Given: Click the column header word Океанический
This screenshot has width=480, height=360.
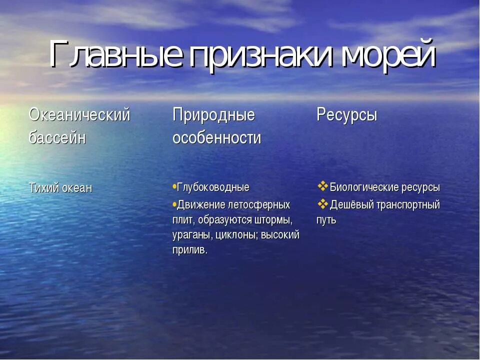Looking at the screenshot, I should tap(79, 115).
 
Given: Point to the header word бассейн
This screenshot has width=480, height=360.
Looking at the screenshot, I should tap(57, 137).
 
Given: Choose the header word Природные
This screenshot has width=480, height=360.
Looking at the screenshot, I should tap(213, 115).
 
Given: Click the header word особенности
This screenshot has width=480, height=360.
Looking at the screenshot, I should tap(216, 137).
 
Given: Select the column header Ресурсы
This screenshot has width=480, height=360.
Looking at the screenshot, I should tap(346, 115).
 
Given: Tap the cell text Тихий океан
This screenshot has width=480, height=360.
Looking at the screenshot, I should tap(60, 188).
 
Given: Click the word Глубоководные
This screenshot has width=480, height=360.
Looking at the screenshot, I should tap(213, 187).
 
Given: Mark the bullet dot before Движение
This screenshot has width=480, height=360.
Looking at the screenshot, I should tap(174, 204).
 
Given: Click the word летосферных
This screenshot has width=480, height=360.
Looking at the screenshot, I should tap(259, 205).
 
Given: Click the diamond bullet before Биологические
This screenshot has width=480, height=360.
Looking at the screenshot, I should tap(322, 186).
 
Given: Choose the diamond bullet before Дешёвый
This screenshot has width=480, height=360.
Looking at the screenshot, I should tap(322, 204).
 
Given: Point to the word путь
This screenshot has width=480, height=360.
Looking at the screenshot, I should tap(326, 220).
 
